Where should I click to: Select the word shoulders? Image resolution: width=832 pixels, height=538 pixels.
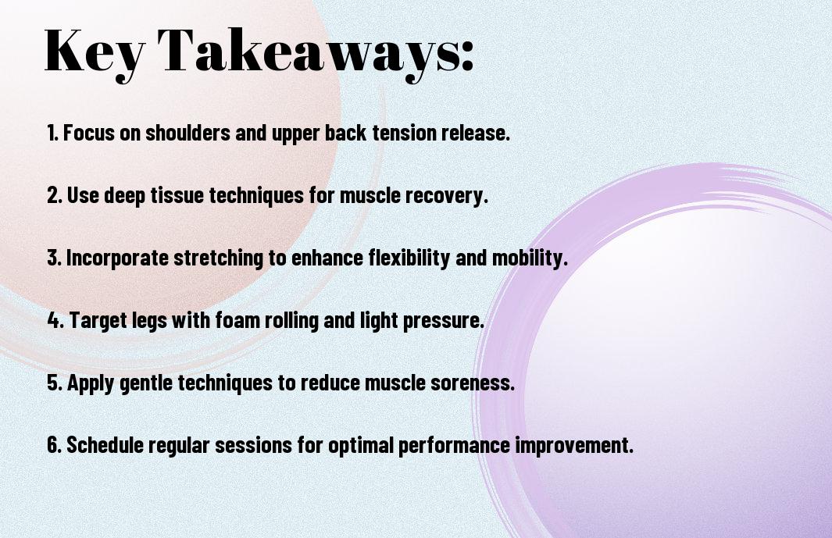[x=188, y=133]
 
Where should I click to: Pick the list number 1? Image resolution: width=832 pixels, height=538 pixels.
[x=52, y=133]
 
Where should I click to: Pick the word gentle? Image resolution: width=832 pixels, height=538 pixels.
[x=145, y=383]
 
